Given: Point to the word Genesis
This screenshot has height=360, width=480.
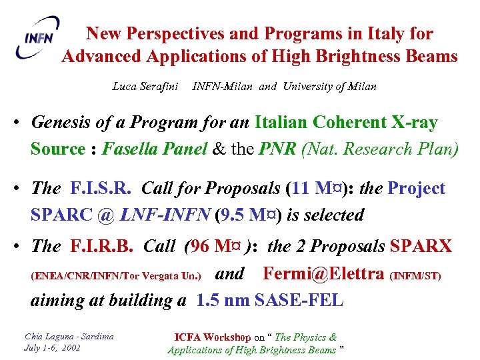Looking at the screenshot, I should [x=59, y=123].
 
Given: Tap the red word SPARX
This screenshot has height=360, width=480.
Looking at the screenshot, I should [x=421, y=247].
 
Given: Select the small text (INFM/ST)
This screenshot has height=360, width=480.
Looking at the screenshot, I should [x=415, y=275].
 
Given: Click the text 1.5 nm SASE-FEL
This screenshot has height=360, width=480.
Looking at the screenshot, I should [x=270, y=300].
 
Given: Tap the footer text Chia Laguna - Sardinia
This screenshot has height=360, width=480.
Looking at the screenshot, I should [x=69, y=336].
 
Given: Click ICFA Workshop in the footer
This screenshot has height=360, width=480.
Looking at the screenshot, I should [x=213, y=337].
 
